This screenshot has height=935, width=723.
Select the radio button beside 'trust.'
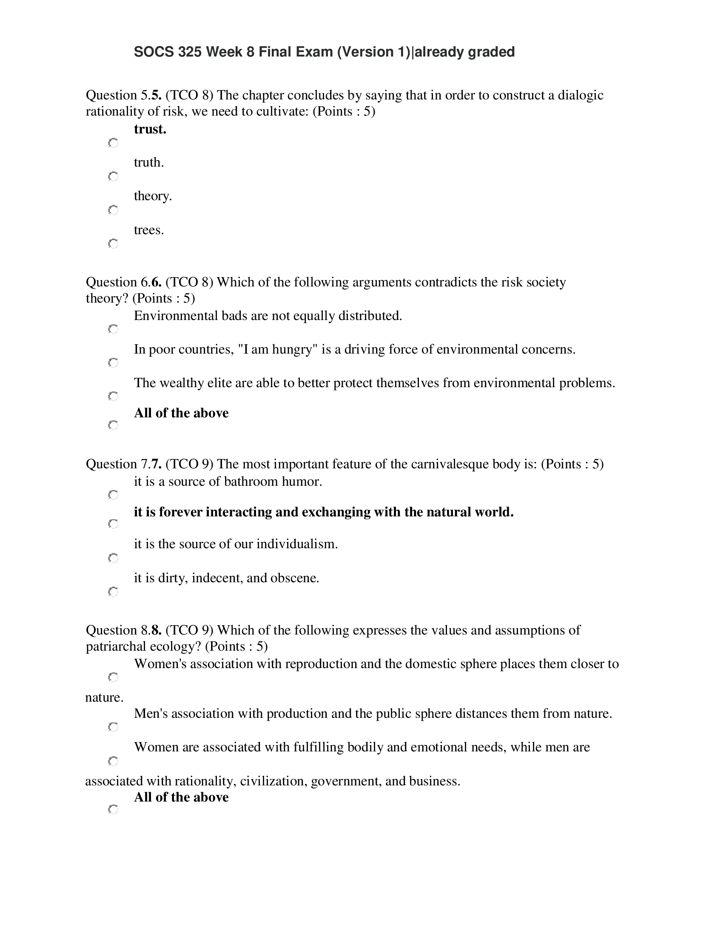pos(113,142)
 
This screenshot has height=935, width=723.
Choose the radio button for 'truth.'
pos(113,176)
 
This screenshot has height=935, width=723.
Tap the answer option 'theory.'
pos(153,196)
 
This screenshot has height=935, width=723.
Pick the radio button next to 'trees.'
pos(113,244)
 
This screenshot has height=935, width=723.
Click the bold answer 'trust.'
pos(150,129)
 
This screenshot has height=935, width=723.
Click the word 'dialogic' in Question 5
pos(581,95)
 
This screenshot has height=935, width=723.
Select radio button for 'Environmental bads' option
pos(113,329)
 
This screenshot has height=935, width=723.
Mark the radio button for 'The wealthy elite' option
pos(113,396)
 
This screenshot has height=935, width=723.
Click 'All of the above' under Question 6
pos(181,413)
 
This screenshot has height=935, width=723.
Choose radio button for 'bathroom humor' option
pos(113,495)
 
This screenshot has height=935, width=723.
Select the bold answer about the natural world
pos(323,512)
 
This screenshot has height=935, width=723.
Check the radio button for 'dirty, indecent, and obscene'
pos(113,592)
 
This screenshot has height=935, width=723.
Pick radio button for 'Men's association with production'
pos(113,727)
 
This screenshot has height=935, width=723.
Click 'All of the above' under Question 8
pos(181,797)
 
